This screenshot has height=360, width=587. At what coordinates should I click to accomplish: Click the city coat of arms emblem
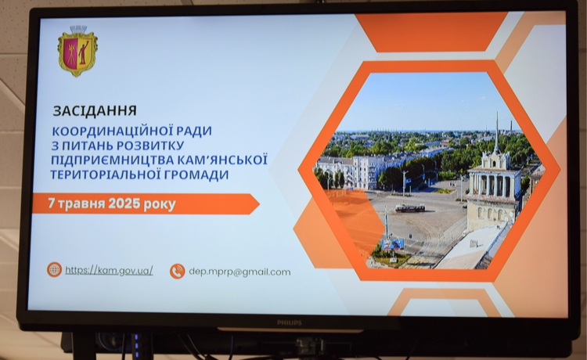click(77, 51)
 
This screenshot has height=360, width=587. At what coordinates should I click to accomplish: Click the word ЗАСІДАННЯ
click(95, 111)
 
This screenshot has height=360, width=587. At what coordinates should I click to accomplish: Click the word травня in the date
click(81, 204)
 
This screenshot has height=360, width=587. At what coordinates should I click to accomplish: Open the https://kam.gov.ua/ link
click(109, 270)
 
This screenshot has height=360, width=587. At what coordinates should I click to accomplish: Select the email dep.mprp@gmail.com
click(239, 272)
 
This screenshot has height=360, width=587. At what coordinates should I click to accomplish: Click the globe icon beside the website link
click(54, 269)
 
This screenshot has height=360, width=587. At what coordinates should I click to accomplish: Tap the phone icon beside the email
click(178, 272)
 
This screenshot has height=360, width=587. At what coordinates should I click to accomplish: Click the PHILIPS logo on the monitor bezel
click(290, 322)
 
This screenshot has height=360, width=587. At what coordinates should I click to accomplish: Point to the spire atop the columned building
click(497, 131)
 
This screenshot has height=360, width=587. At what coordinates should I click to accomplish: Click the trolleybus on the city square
click(410, 208)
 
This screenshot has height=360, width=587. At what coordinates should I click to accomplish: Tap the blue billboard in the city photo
click(393, 244)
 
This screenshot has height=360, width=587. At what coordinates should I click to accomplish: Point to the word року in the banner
click(160, 204)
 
